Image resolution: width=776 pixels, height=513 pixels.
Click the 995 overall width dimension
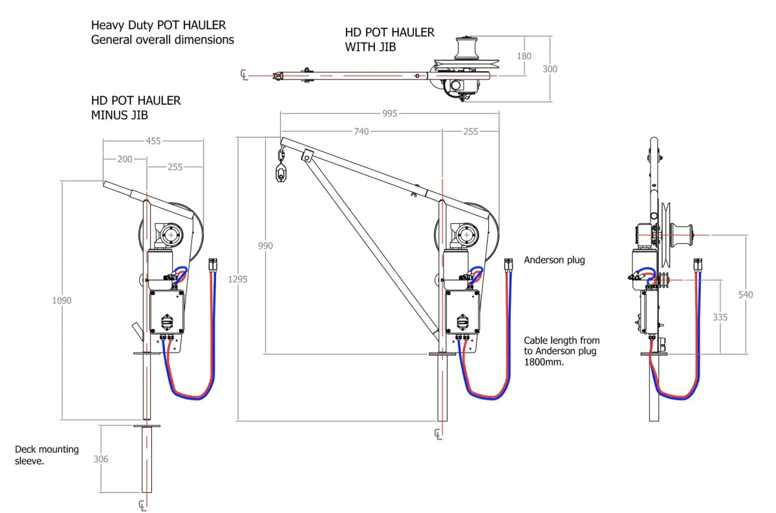389,113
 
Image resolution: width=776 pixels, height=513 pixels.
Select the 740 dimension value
361,131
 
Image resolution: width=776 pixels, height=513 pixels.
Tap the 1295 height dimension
238,279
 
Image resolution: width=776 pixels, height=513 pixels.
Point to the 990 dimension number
265,246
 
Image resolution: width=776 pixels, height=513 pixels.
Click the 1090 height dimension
62,300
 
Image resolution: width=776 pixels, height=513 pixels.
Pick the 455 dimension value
153,140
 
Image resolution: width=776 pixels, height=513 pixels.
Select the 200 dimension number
125,158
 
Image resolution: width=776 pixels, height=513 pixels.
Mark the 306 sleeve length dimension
101,459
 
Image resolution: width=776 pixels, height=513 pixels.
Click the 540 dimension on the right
746,294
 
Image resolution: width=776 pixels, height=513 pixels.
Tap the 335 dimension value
719,317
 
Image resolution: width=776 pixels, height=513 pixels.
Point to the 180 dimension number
524,56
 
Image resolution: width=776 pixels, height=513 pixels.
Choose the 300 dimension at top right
550,69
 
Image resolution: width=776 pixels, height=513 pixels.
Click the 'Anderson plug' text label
554,260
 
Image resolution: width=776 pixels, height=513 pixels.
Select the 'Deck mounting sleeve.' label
47,455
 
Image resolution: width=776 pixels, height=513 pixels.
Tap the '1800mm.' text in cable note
544,363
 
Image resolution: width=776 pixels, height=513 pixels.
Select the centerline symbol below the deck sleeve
142,505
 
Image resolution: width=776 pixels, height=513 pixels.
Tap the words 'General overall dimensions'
162,39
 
